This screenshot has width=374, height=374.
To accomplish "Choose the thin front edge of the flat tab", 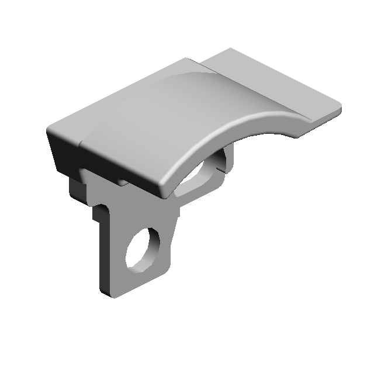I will coord(318,120).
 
